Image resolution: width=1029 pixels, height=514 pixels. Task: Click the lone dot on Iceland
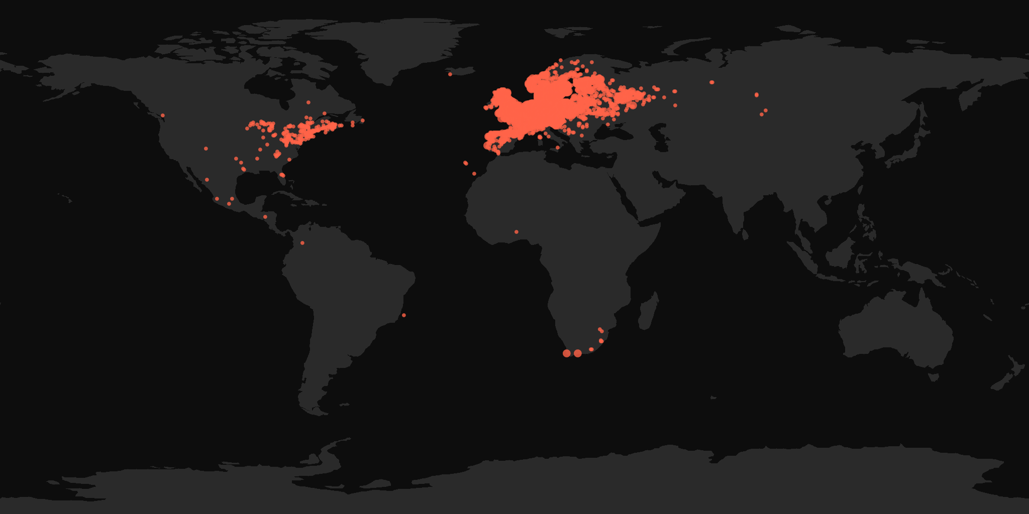(x=450, y=74)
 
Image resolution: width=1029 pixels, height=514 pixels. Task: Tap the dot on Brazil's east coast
(x=403, y=315)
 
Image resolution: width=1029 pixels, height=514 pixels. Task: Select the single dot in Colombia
(x=302, y=243)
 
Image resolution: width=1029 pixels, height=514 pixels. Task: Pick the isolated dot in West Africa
(x=516, y=232)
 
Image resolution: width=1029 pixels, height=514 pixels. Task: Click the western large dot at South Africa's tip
(x=567, y=353)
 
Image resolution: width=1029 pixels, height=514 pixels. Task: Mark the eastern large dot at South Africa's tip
(x=578, y=353)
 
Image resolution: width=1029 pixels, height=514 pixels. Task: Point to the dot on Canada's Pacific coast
(x=162, y=115)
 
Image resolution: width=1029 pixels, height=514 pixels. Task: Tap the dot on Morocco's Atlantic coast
(x=474, y=174)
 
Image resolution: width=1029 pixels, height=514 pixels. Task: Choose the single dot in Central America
(x=265, y=217)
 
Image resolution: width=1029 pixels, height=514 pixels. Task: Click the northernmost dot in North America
(x=308, y=102)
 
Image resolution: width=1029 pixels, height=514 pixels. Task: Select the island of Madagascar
(x=649, y=311)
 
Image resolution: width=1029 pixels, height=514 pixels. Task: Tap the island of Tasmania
(x=933, y=376)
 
